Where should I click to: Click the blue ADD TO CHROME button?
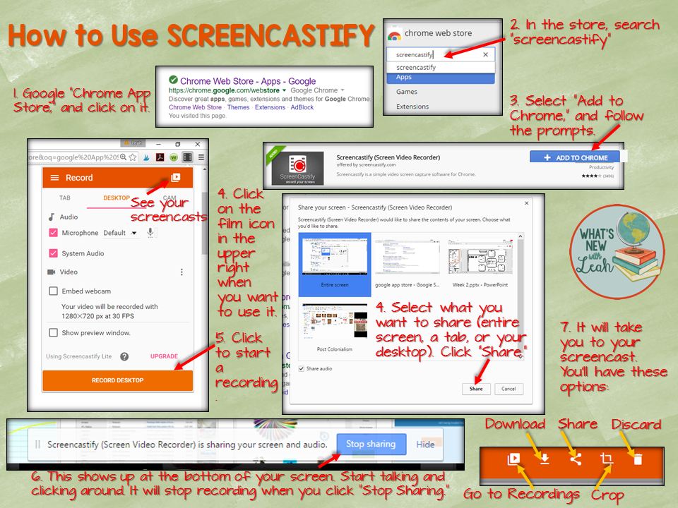click(x=575, y=157)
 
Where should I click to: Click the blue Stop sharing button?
click(x=371, y=445)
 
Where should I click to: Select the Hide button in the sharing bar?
click(x=425, y=445)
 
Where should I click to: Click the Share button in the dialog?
click(x=476, y=389)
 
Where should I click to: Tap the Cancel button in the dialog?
click(x=509, y=389)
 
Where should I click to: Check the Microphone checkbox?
click(x=53, y=233)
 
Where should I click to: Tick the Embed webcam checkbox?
click(x=53, y=291)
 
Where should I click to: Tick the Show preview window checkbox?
click(x=53, y=333)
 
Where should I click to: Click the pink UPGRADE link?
click(x=164, y=356)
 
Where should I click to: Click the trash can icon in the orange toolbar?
click(x=638, y=459)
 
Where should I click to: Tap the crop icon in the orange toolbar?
click(x=606, y=459)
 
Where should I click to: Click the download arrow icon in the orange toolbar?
click(x=545, y=459)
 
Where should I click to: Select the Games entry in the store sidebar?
click(x=407, y=92)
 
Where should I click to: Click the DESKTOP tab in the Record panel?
click(x=117, y=198)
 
